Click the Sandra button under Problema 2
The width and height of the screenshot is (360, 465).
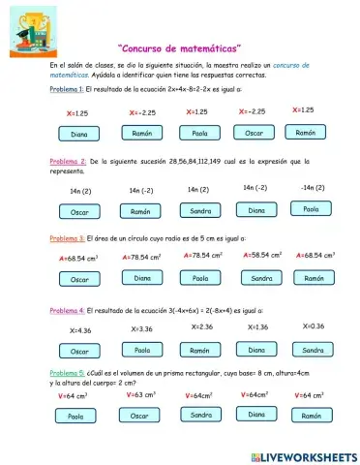(x=200, y=210)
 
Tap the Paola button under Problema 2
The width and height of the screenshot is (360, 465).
(x=312, y=208)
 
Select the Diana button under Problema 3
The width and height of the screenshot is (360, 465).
(x=142, y=278)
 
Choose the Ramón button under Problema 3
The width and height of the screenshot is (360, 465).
(x=314, y=277)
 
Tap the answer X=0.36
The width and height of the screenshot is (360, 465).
(x=314, y=326)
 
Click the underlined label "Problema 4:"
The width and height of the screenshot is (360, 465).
(x=66, y=311)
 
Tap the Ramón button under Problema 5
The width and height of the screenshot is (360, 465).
(x=312, y=415)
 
